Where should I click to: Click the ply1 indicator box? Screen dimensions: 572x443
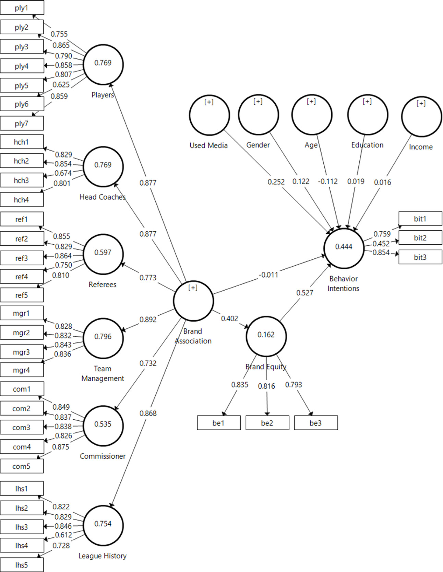pyautogui.click(x=22, y=8)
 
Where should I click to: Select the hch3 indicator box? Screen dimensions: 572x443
pyautogui.click(x=22, y=180)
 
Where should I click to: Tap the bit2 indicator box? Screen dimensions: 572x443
pyautogui.click(x=420, y=238)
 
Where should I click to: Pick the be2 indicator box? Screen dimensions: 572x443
pyautogui.click(x=267, y=423)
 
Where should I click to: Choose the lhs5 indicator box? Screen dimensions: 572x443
pyautogui.click(x=22, y=565)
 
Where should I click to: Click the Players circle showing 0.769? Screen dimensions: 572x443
pyautogui.click(x=103, y=64)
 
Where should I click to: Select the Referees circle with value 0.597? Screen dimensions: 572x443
pyautogui.click(x=103, y=254)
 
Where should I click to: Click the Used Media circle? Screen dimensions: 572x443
pyautogui.click(x=209, y=115)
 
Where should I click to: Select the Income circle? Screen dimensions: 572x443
pyautogui.click(x=421, y=117)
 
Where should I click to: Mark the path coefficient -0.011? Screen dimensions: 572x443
pyautogui.click(x=268, y=275)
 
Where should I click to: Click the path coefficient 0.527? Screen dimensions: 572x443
pyautogui.click(x=304, y=293)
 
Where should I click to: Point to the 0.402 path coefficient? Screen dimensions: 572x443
pyautogui.click(x=229, y=318)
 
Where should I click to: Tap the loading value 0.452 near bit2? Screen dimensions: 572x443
pyautogui.click(x=381, y=244)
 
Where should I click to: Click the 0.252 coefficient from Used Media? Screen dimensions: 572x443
pyautogui.click(x=276, y=182)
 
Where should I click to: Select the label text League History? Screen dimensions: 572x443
pyautogui.click(x=102, y=556)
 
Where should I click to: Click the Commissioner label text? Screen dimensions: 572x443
pyautogui.click(x=103, y=456)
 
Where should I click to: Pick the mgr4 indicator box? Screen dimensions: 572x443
pyautogui.click(x=22, y=370)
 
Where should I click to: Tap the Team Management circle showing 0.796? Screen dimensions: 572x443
pyautogui.click(x=103, y=338)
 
